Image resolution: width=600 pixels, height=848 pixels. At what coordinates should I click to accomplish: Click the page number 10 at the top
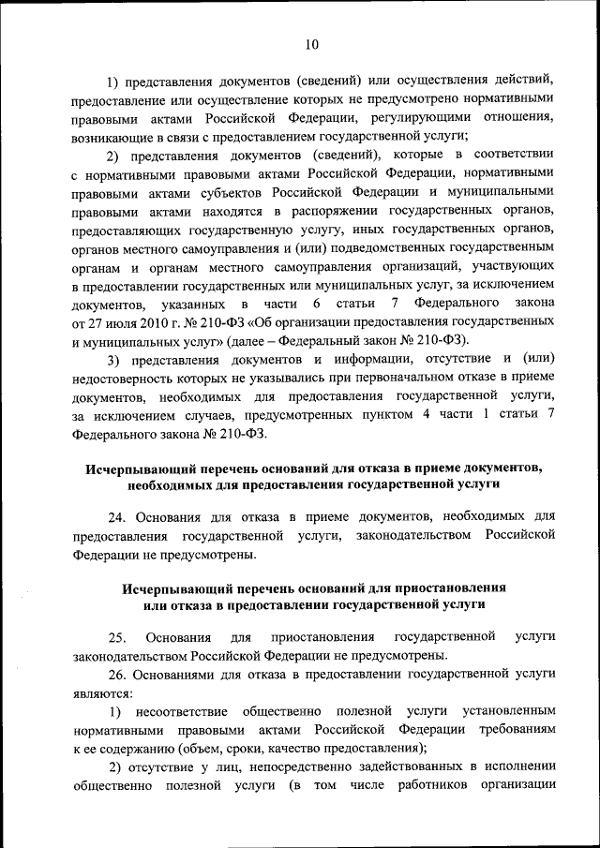(313, 43)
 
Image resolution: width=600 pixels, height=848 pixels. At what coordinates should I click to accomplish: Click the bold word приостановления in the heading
(442, 588)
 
